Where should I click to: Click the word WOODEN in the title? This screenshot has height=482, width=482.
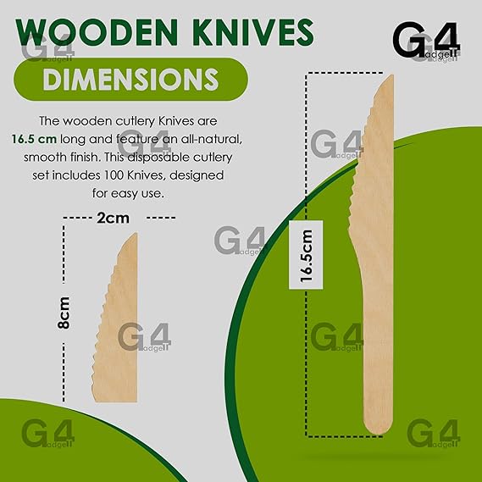coord(97,32)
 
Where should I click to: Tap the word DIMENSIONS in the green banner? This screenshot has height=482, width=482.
coord(130,79)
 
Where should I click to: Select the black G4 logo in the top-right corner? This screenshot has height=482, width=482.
coord(426,39)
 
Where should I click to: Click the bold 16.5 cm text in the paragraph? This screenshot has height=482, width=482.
coord(34,139)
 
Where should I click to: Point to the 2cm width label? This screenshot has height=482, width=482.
coord(113,218)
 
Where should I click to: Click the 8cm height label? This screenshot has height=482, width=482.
coord(64,313)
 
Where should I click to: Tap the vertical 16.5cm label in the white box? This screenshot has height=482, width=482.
coord(306,256)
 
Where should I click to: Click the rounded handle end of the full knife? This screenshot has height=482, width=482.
coord(378,427)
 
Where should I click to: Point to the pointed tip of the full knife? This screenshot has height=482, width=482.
coord(391,76)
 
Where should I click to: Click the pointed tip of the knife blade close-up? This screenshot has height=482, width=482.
coord(135,235)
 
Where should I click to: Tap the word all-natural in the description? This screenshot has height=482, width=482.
coord(212,139)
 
